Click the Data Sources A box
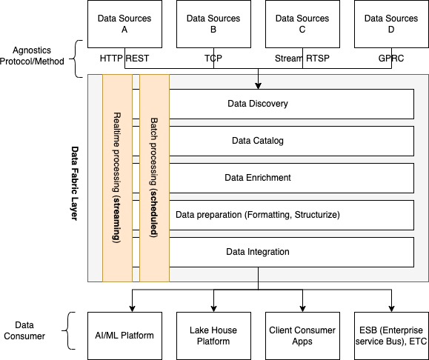pos(124,24)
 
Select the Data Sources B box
pos(213,24)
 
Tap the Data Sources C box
pos(302,24)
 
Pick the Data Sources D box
pos(391,24)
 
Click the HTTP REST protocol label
pos(124,59)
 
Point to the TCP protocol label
pos(213,59)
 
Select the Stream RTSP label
pos(302,59)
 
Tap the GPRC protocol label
pos(391,59)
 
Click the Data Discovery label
pos(258,104)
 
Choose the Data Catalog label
pos(258,141)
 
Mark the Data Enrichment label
pos(258,178)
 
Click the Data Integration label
pos(258,252)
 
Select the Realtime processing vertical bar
pos(117,178)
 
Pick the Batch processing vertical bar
pos(155,178)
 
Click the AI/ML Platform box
pos(124,336)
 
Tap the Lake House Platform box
pos(213,336)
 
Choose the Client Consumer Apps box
pos(302,336)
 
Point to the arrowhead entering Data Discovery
pos(258,86)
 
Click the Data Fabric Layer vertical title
pos(75,183)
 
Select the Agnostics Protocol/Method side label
pos(32,56)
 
